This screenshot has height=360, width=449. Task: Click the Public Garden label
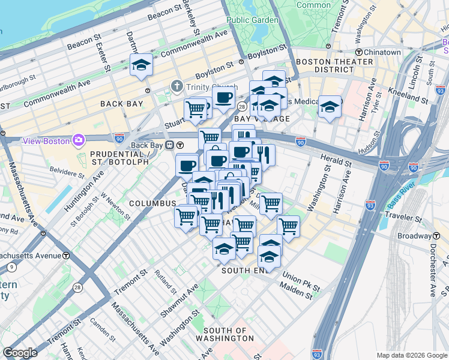(x=252, y=20)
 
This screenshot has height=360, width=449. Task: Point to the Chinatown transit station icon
(x=358, y=53)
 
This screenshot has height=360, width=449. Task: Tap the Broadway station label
(x=418, y=236)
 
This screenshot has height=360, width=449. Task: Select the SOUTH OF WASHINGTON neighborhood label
(x=225, y=335)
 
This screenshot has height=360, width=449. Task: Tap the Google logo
(x=20, y=353)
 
